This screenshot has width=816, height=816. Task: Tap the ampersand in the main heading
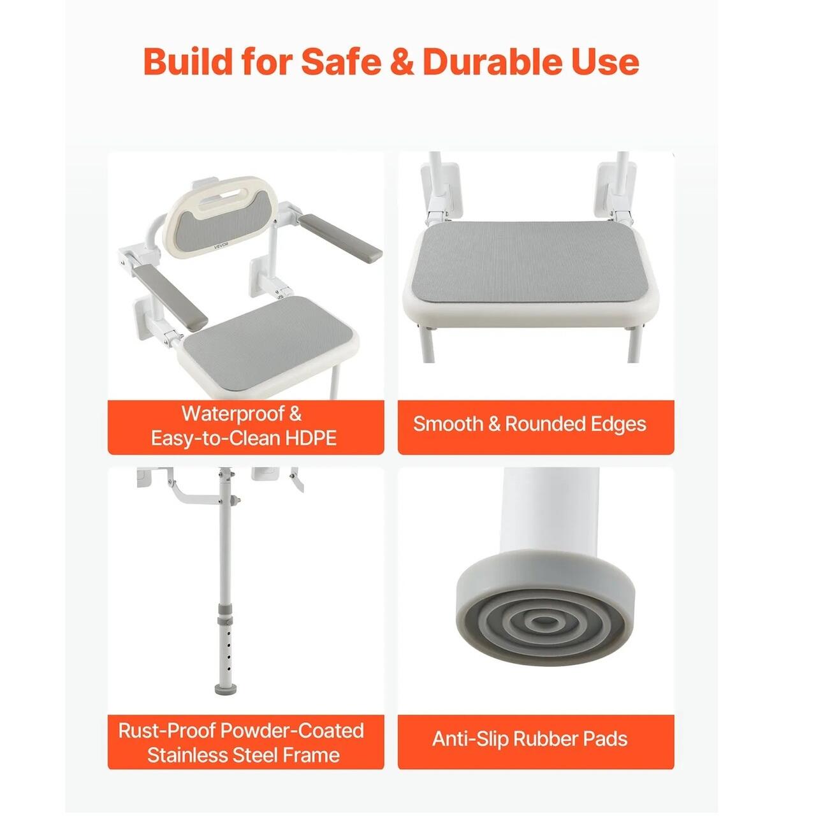click(402, 62)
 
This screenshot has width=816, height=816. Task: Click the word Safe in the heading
click(340, 62)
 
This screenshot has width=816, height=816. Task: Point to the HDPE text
click(311, 437)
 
